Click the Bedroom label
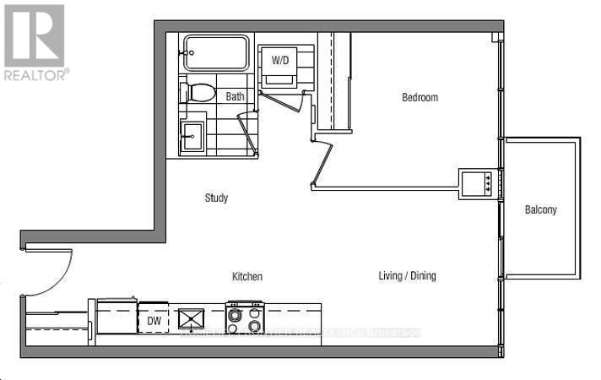(x=420, y=97)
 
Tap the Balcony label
(x=540, y=209)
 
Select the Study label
(x=217, y=198)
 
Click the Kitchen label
(x=247, y=277)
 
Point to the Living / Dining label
(x=407, y=276)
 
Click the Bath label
(x=235, y=96)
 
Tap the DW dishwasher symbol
(x=154, y=320)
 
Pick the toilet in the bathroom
(x=200, y=93)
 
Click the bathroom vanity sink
(x=192, y=135)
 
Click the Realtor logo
(x=34, y=35)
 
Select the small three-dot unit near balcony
(x=478, y=181)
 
